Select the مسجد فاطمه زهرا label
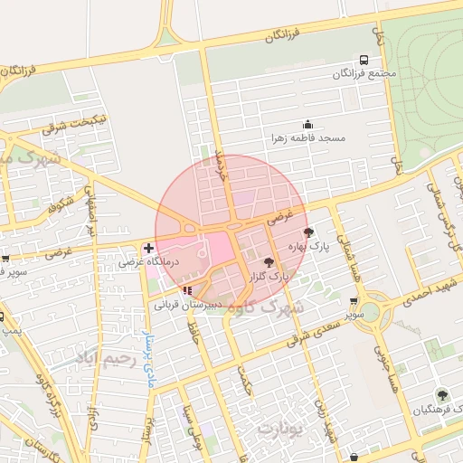308,138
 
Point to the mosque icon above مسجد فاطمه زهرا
307,125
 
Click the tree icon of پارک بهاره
310,232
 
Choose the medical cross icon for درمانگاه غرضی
148,248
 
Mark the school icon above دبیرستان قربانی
187,290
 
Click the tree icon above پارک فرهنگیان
441,395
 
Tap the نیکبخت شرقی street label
75,124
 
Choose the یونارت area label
278,426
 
